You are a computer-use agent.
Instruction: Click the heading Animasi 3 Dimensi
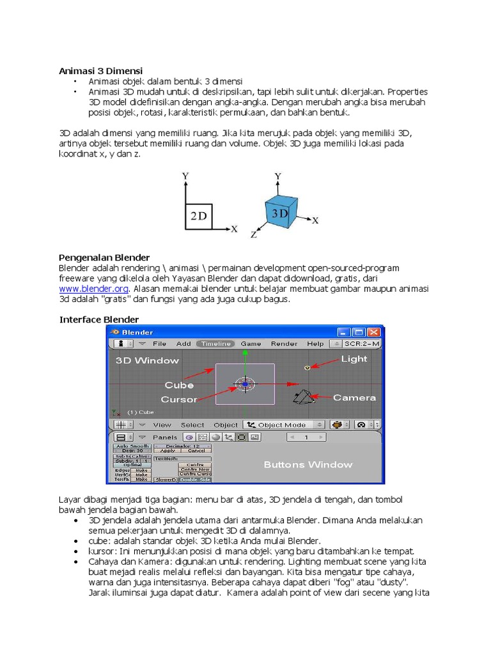(101, 70)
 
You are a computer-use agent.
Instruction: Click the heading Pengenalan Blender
(104, 257)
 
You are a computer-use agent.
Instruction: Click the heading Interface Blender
(99, 319)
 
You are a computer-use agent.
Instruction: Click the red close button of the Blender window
(373, 332)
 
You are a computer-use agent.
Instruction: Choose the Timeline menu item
(215, 344)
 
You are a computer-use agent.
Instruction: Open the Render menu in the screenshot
(284, 344)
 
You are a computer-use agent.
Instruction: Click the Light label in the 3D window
(354, 359)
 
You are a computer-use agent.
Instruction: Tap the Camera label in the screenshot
(354, 397)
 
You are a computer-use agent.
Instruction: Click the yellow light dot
(307, 368)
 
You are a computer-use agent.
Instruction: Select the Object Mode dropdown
(284, 425)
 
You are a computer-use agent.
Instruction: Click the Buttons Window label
(308, 464)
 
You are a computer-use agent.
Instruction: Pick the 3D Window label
(147, 360)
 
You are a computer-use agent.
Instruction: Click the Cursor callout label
(179, 399)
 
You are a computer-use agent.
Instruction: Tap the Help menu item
(315, 344)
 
